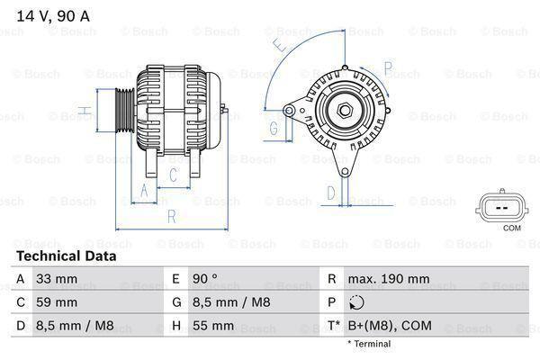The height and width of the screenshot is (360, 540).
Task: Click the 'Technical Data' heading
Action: click(x=66, y=256)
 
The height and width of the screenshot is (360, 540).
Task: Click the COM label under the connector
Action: click(x=512, y=229)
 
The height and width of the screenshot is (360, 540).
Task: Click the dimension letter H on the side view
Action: click(x=83, y=112)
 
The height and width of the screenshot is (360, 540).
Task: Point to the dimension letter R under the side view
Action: click(x=171, y=216)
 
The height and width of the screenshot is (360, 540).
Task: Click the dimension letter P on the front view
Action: click(x=388, y=67)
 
